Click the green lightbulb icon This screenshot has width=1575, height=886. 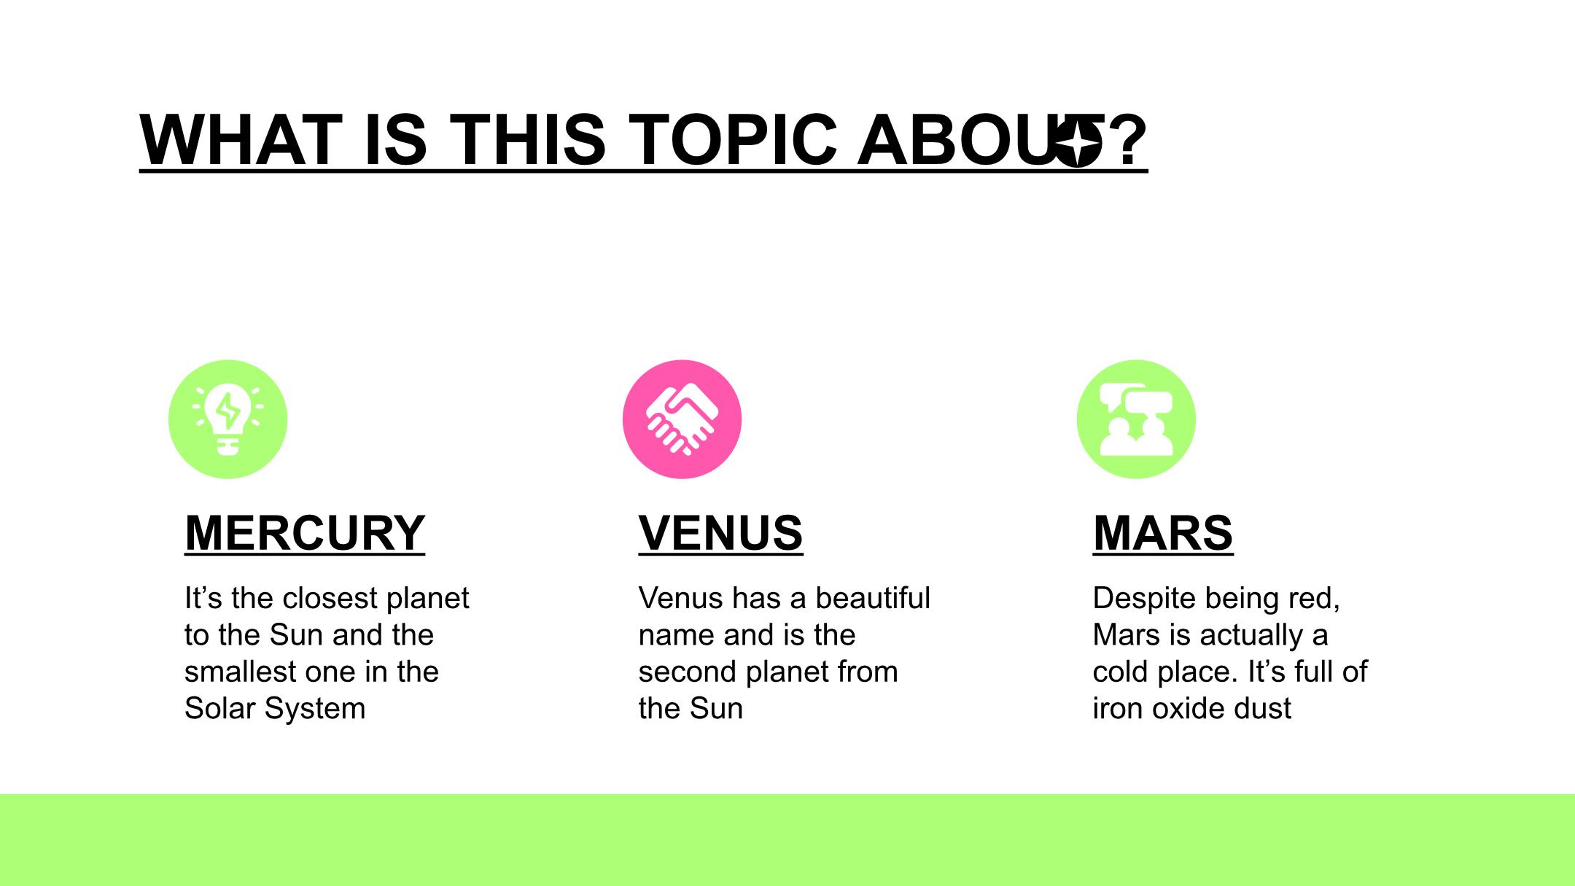[x=228, y=419]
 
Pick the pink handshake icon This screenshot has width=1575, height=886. [x=682, y=419]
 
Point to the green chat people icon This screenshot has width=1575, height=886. [x=1136, y=419]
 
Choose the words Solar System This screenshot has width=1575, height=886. [x=275, y=708]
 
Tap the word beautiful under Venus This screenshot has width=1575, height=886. [x=873, y=598]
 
